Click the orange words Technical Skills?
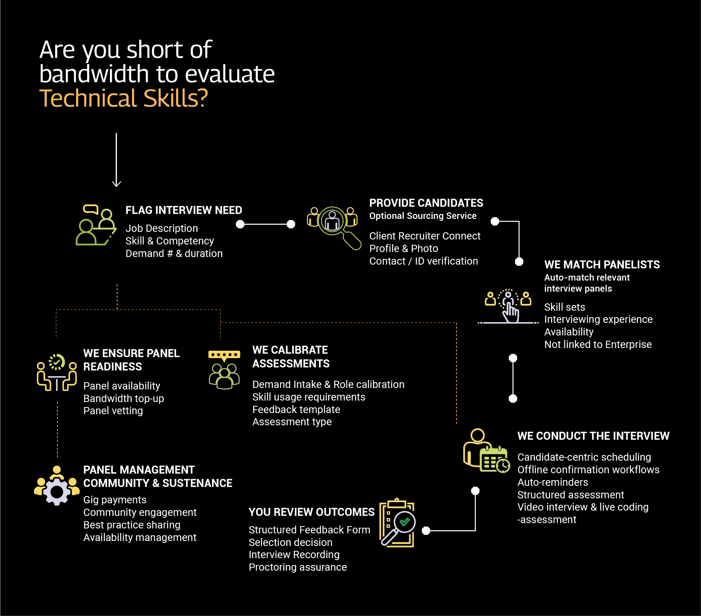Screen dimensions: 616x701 124,98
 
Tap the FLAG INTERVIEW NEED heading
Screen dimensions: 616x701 184,210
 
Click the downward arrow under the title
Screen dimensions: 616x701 116,160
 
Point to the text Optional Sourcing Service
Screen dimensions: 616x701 423,216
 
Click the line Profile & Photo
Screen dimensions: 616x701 404,249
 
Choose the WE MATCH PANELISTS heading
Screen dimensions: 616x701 602,265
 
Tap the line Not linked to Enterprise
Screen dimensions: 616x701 598,345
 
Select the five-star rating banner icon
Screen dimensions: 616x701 224,355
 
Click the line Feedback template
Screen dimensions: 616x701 296,410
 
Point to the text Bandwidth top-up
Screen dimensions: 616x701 124,399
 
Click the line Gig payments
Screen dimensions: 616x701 115,500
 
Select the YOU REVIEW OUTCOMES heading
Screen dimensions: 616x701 312,512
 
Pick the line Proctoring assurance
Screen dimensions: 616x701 297,567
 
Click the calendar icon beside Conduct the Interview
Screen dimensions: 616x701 494,460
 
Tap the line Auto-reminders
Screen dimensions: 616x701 553,482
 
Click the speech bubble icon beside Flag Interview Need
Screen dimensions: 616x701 91,209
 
